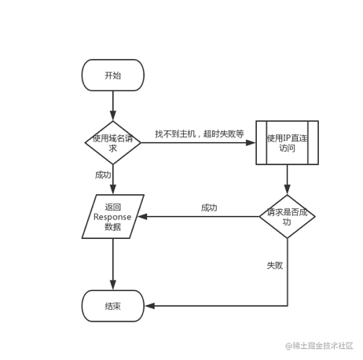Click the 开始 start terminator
(x=113, y=75)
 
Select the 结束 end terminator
(x=113, y=306)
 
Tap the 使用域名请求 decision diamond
(x=113, y=143)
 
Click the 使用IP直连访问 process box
(x=287, y=143)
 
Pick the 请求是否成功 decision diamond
(x=287, y=216)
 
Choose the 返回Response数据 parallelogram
(x=113, y=216)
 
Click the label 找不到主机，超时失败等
(x=200, y=134)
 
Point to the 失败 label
(x=275, y=266)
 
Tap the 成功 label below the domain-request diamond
(x=103, y=174)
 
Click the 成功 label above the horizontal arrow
(x=209, y=208)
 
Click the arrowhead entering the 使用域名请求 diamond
(x=113, y=116)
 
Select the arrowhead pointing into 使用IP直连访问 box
(x=251, y=143)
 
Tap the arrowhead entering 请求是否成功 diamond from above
(x=288, y=189)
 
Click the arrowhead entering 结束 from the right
(x=150, y=306)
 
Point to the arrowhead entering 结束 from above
(x=113, y=285)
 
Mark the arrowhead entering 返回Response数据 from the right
(x=143, y=217)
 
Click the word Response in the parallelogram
(x=112, y=217)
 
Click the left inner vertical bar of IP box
(x=266, y=143)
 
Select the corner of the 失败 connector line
(x=288, y=306)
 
